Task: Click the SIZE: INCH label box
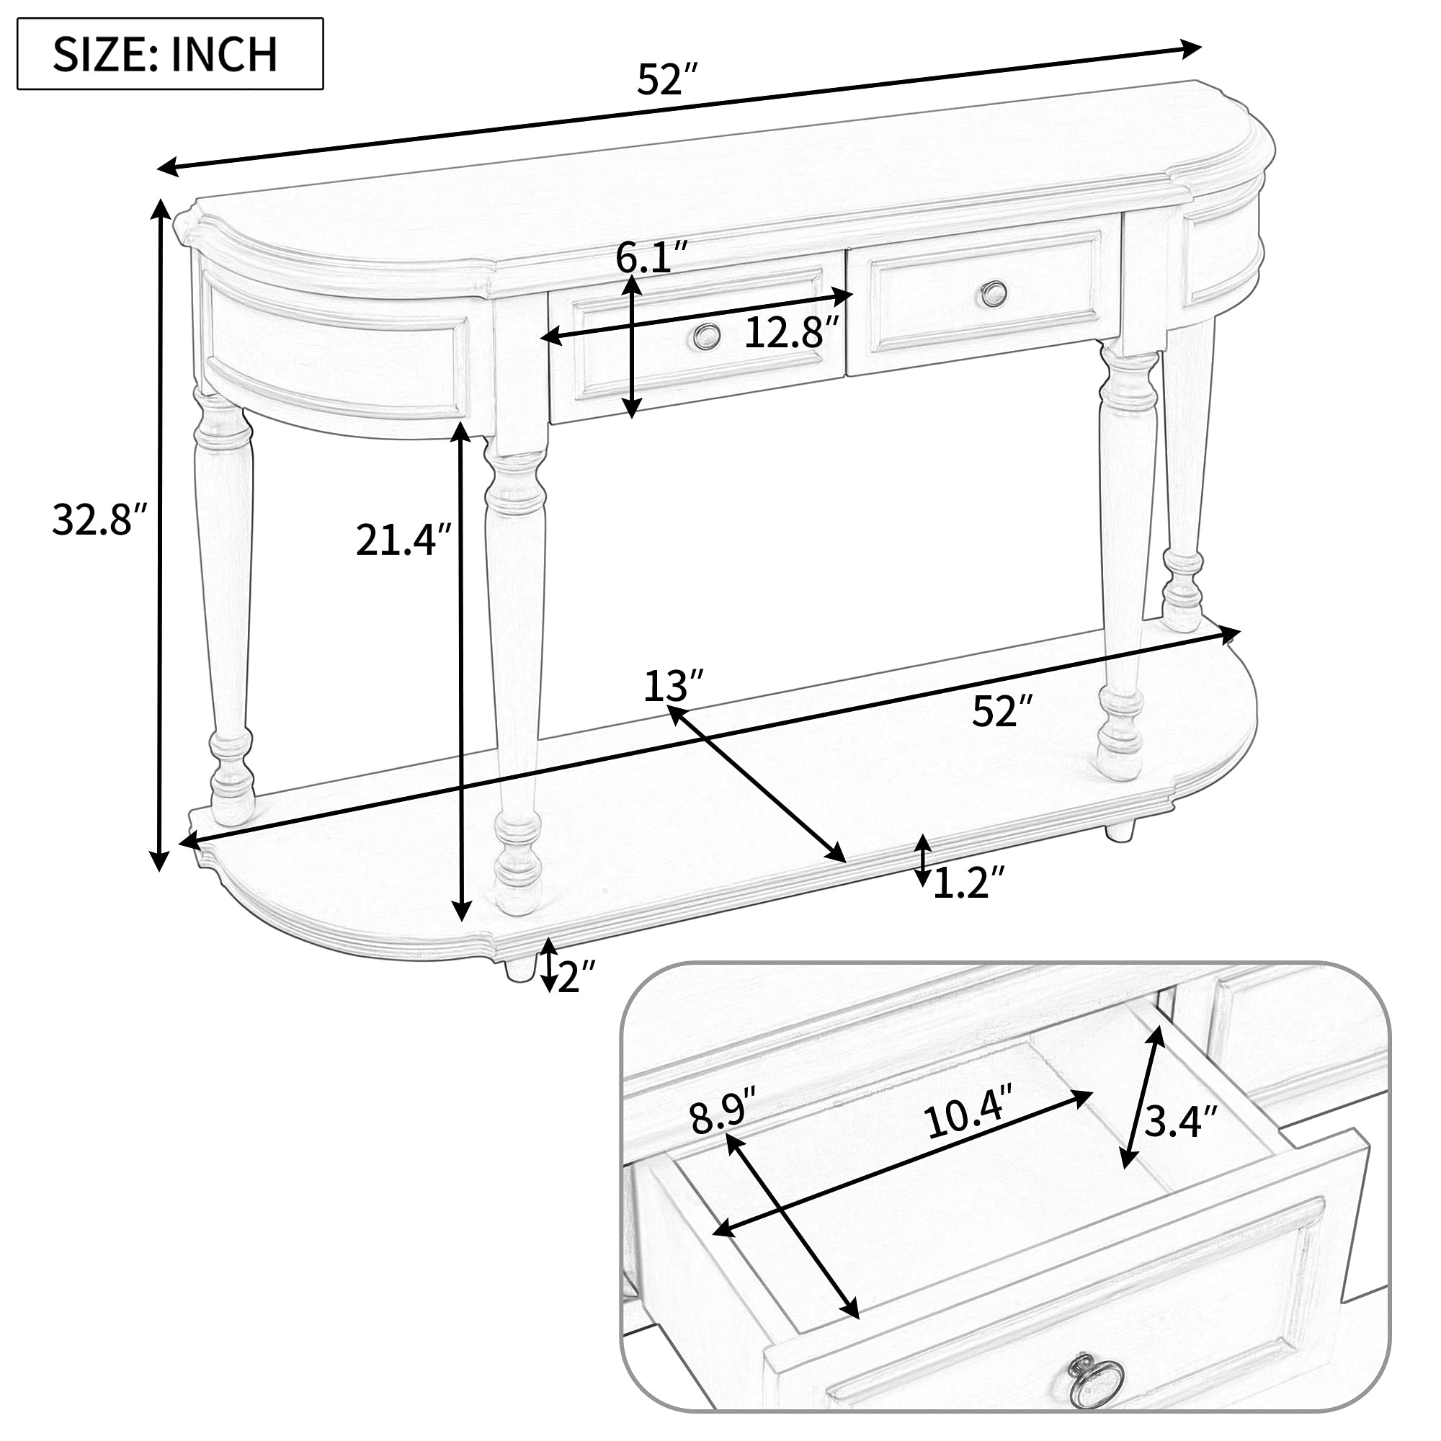[170, 54]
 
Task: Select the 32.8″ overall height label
[99, 520]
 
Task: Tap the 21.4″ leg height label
[403, 540]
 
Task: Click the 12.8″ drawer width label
[792, 333]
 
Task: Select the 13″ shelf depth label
[673, 686]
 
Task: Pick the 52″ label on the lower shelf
[1003, 711]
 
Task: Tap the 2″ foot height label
[576, 976]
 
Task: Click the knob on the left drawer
[705, 336]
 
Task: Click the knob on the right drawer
[994, 293]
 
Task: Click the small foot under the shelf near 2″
[519, 968]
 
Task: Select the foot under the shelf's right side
[1120, 830]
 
